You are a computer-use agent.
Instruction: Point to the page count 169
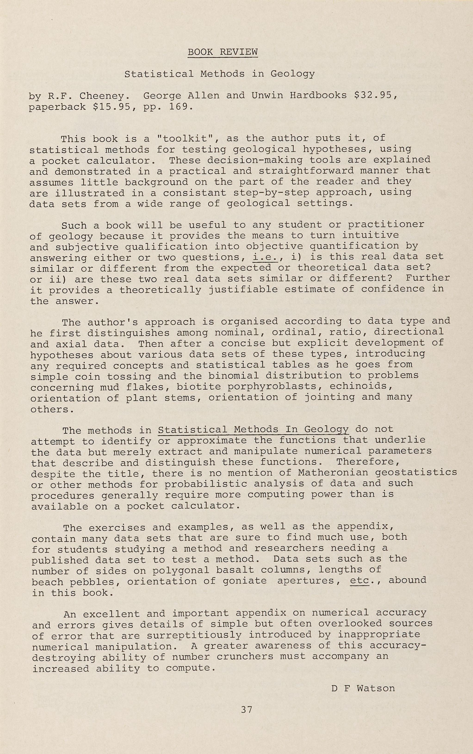point(179,107)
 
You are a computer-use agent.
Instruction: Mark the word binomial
point(230,376)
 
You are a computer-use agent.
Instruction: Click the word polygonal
point(181,570)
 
